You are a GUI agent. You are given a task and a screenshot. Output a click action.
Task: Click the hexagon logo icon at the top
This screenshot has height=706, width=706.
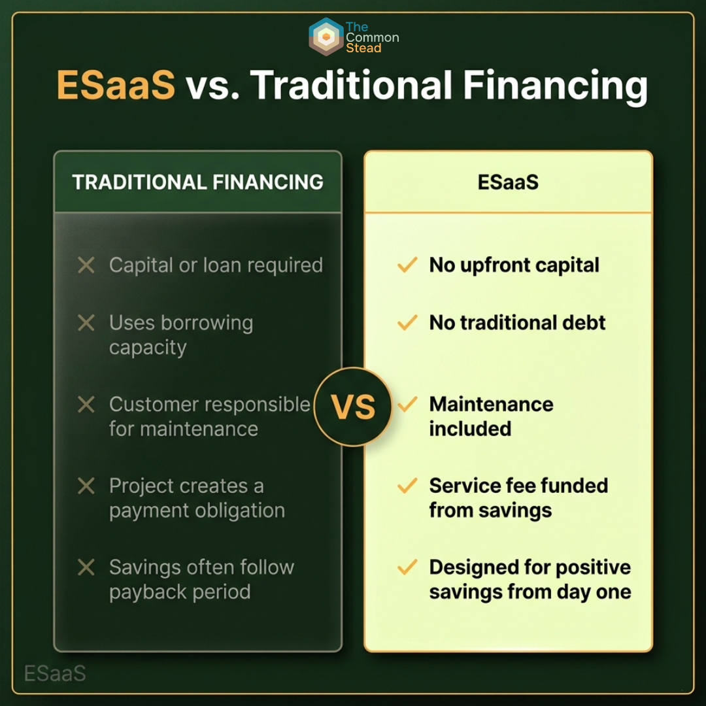326,37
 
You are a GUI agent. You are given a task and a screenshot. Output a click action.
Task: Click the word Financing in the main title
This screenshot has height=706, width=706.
555,86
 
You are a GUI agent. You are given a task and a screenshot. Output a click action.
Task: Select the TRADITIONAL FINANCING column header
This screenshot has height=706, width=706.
197,182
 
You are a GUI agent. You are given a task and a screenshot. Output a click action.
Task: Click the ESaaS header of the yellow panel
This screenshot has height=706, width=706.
508,182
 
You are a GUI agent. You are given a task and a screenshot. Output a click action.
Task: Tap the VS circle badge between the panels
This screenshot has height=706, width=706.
353,407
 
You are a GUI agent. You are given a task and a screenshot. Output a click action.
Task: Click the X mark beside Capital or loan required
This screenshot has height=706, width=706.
86,265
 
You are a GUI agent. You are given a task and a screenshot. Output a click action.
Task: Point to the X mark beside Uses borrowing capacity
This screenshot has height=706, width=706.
86,323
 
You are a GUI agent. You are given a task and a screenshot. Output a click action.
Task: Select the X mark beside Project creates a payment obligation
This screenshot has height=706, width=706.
86,486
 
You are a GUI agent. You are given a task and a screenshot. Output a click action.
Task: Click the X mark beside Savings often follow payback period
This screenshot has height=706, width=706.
86,567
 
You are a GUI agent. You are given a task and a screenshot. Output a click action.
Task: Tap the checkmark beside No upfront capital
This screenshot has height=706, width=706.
407,265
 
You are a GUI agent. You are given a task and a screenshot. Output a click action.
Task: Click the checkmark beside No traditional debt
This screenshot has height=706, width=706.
407,322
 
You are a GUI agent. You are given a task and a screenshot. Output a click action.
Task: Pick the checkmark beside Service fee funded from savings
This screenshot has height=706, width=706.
407,485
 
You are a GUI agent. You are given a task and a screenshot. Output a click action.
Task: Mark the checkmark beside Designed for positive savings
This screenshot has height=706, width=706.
407,567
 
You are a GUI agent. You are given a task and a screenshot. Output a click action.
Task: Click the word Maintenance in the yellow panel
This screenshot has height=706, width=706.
491,404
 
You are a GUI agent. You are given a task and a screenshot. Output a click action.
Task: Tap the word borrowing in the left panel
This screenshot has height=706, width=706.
207,324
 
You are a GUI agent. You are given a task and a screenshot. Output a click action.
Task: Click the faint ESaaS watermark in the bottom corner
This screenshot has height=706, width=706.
55,673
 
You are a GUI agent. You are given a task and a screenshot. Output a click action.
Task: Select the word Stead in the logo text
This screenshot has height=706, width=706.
363,48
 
